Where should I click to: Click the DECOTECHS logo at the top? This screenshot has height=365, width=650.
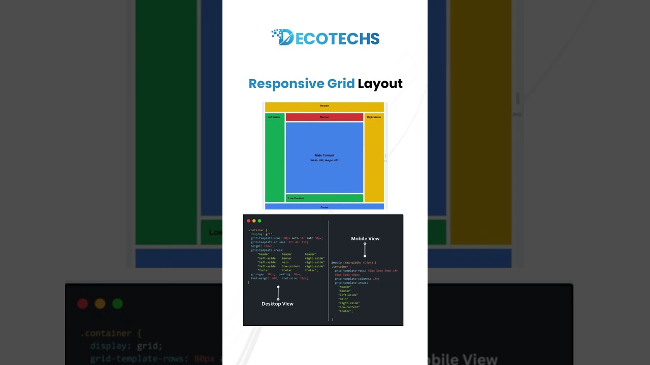coord(326,38)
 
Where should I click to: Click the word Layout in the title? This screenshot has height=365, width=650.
coord(380,84)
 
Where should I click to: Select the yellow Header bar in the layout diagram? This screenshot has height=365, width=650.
coord(324,106)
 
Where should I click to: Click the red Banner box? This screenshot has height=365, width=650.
coord(324,117)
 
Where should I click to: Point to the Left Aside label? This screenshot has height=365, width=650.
coord(274,117)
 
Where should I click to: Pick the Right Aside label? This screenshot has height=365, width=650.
coord(374,117)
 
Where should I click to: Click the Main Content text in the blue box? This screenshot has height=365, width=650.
coord(324,155)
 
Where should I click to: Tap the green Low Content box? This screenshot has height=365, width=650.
coord(324,198)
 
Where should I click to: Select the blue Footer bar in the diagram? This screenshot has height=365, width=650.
coord(324,207)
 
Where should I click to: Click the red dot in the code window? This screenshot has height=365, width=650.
coord(248,221)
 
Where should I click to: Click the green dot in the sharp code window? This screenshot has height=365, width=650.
coord(259,221)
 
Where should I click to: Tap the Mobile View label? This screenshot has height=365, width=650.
coord(365,239)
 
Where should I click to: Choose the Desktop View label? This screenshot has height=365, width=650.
coord(277,304)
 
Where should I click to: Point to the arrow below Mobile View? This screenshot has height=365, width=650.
coord(365,250)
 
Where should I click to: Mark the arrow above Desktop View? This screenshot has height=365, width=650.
coord(278,293)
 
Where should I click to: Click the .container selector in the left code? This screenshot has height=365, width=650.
coord(257,230)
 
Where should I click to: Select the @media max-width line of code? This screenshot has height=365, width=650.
coord(353,263)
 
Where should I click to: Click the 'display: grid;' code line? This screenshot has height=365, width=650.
coord(262,234)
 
